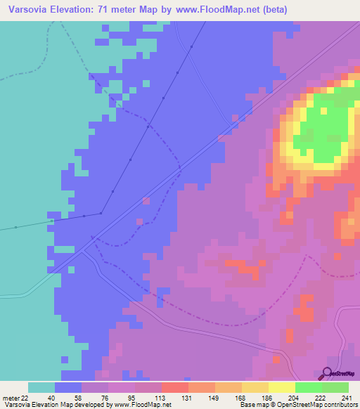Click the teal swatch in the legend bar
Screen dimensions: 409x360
coord(41,387)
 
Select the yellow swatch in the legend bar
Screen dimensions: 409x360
coord(282,387)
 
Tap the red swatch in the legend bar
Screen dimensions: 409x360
coord(175,387)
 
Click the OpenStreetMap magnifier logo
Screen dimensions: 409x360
coord(327,374)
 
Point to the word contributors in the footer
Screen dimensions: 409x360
coord(335,405)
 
